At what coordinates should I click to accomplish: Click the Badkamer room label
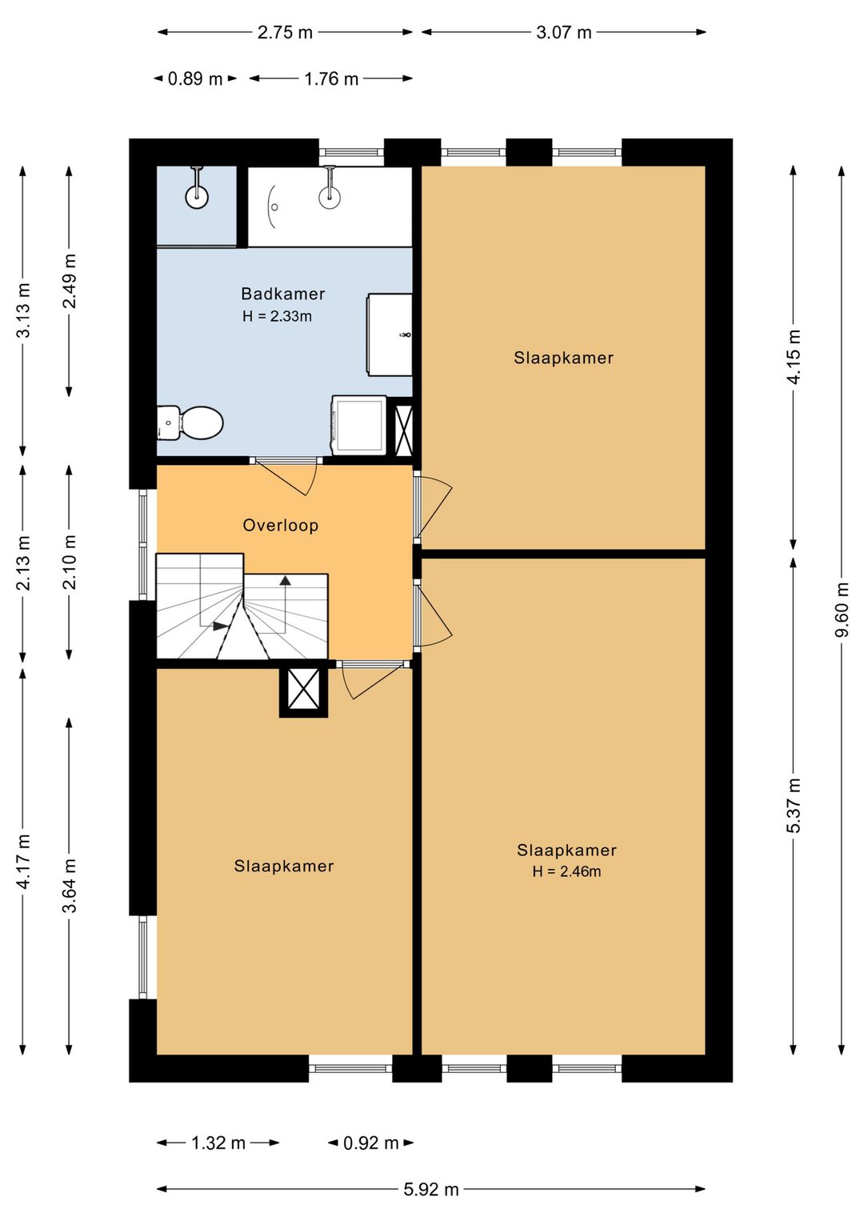[283, 294]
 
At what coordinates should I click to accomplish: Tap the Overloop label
[280, 525]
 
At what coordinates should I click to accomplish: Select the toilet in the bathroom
[190, 422]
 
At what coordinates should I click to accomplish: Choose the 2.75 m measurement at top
[285, 33]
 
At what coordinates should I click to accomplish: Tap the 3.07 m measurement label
[564, 33]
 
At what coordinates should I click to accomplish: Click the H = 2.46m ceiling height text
[566, 871]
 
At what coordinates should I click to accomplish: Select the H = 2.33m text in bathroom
[277, 316]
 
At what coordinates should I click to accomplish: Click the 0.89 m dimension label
[195, 79]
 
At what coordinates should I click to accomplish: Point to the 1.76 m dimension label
[331, 79]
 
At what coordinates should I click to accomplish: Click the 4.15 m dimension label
[794, 357]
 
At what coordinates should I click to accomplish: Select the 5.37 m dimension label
[794, 805]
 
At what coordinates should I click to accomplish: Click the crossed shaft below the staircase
[304, 689]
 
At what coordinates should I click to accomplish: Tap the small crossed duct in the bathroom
[403, 430]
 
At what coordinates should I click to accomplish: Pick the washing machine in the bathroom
[359, 425]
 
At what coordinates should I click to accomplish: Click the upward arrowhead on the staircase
[285, 581]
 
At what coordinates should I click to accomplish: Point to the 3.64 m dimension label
[70, 885]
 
